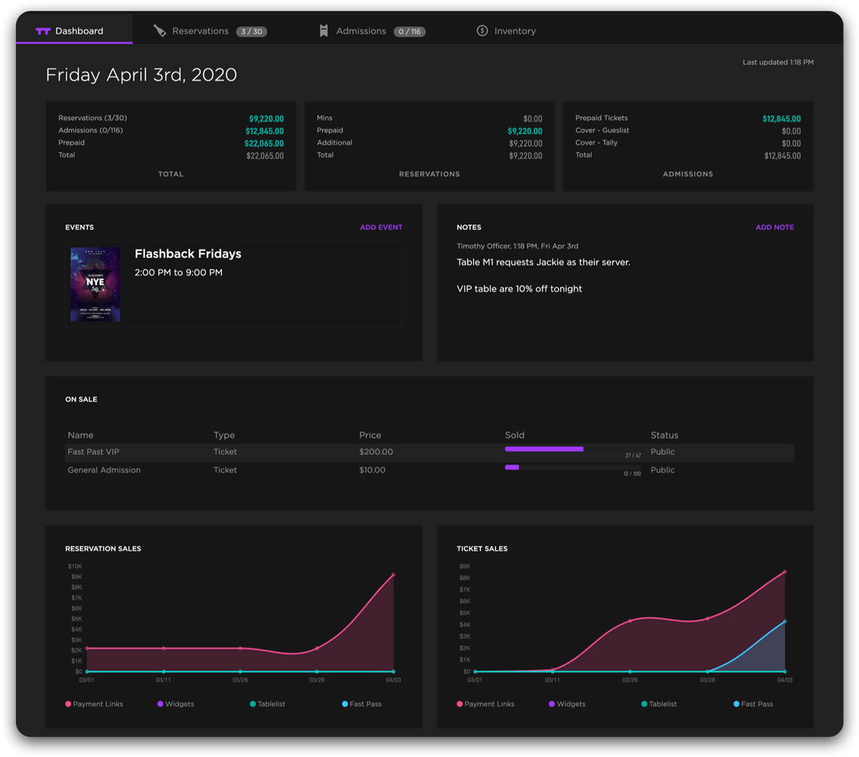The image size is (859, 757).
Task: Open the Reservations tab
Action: [200, 31]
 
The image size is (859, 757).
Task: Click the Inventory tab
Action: [515, 31]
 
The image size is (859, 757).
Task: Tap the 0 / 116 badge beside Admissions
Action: [410, 32]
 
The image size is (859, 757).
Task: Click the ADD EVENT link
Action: [381, 228]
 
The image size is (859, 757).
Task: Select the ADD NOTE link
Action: [774, 228]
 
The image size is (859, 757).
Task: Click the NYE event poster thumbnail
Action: [95, 284]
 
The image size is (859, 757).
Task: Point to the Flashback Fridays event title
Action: [188, 254]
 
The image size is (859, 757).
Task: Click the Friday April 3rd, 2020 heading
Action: [142, 75]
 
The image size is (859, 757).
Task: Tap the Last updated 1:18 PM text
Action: [777, 62]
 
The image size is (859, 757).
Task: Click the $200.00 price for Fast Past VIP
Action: [375, 452]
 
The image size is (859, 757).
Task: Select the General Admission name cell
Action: [104, 470]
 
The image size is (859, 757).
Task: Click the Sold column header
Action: [515, 435]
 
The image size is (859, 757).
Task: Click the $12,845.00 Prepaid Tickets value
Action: [781, 119]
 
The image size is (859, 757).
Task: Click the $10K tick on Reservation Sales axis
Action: [76, 566]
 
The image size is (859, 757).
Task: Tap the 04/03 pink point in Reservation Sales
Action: [393, 575]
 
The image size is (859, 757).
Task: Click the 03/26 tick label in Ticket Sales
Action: [630, 681]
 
